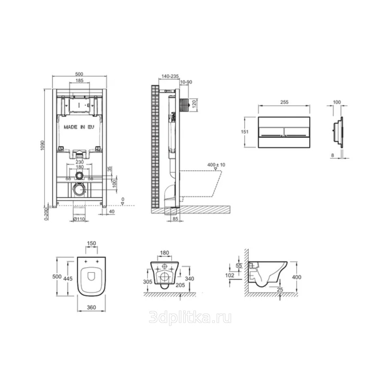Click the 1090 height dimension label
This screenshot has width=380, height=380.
click(x=42, y=145)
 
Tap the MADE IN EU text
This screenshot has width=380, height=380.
click(x=79, y=127)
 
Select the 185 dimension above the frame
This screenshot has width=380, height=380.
click(x=79, y=81)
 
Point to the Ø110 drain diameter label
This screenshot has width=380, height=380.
click(x=79, y=219)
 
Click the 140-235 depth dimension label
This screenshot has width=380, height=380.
click(x=170, y=76)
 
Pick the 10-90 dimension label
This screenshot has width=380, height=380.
click(x=186, y=82)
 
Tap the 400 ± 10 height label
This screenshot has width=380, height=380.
click(x=216, y=165)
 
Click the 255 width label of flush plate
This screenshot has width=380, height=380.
click(x=284, y=102)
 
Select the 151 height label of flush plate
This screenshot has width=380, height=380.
click(x=245, y=132)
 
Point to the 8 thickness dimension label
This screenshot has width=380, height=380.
click(x=332, y=155)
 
